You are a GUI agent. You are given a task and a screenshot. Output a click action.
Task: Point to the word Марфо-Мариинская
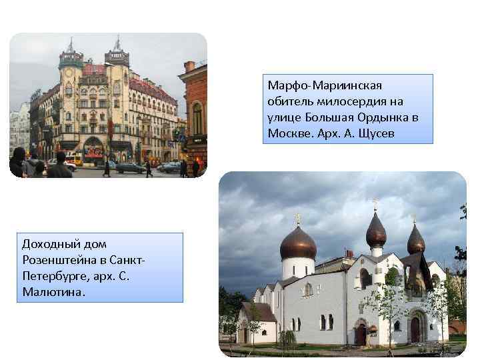(x=325, y=86)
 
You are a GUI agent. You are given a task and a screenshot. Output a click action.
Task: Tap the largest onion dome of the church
(x=298, y=243)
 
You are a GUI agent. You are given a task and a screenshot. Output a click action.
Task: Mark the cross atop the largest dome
(x=298, y=217)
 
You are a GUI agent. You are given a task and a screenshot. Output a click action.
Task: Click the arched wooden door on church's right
(x=415, y=329)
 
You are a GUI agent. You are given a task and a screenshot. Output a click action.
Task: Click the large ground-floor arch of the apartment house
(x=94, y=147)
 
